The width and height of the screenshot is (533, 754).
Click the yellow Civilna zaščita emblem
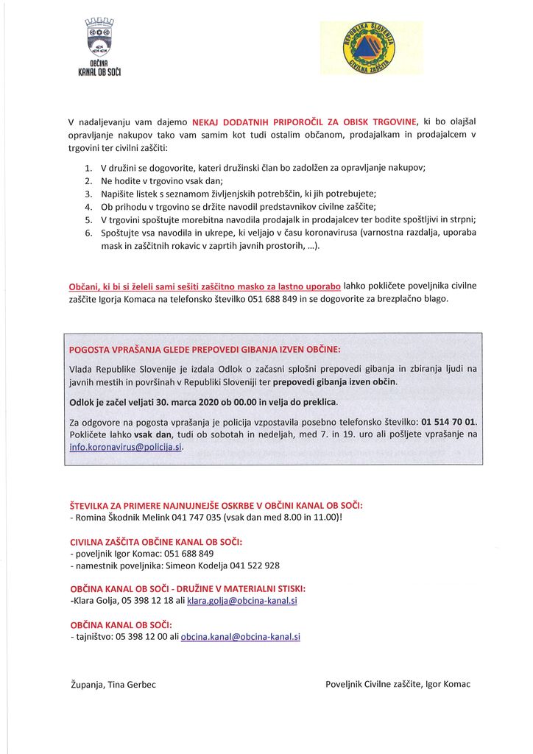370,47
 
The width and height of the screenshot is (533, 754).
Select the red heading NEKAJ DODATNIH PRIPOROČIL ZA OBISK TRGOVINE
305,121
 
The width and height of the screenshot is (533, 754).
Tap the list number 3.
88,194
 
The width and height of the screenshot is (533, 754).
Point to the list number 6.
88,233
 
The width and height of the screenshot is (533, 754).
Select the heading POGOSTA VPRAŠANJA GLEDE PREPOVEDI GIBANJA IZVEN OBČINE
205,348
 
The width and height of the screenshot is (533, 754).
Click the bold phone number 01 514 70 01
448,422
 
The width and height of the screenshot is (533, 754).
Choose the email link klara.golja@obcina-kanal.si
242,602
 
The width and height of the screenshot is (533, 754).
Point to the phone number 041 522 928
255,565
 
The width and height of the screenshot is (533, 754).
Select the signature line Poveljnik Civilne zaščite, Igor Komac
398,685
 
